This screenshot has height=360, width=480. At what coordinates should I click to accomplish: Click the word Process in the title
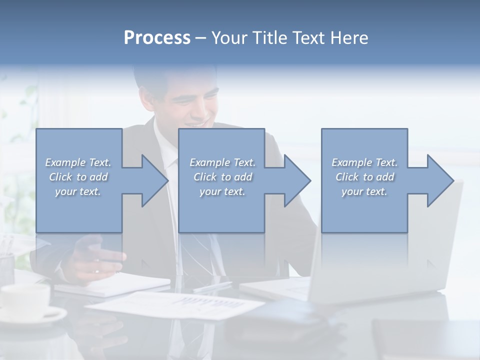pos(157,38)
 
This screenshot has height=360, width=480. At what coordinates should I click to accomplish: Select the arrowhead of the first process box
pos(153,180)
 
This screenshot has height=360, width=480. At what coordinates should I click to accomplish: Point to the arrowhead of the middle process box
pos(295,180)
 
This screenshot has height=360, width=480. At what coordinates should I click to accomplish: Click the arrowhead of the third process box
pos(438,180)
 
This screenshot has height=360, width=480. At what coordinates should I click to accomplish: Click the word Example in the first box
pos(65,162)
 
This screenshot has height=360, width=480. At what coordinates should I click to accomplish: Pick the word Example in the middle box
pos(209,162)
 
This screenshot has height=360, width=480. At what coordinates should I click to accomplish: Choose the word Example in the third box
pos(351,162)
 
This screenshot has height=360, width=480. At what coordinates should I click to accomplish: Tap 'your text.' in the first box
pos(78,191)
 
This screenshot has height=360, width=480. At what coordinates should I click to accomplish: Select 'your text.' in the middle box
pos(222,191)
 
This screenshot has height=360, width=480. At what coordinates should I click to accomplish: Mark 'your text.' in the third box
pos(364,191)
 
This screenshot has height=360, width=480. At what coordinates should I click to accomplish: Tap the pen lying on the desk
pos(212,286)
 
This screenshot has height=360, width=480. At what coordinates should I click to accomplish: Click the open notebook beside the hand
pos(115,285)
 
